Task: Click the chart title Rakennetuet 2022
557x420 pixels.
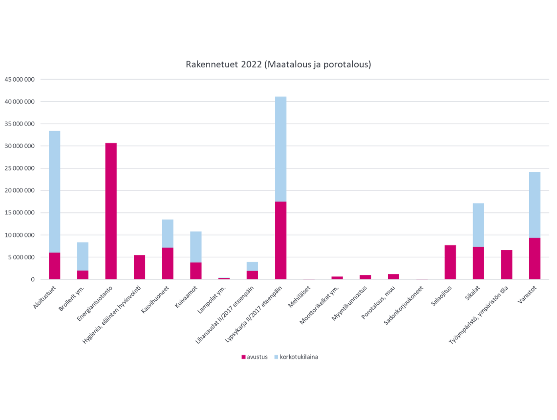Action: click(278, 64)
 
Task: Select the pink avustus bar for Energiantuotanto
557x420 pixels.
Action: click(111, 211)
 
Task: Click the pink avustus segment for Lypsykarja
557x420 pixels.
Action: click(280, 240)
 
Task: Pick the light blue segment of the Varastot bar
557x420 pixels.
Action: click(535, 205)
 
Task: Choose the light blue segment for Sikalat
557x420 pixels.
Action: click(478, 225)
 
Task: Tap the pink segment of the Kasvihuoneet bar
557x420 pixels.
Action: click(168, 263)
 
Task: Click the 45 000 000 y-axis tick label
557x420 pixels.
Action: click(20, 80)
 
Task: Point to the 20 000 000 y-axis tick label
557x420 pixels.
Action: click(20, 190)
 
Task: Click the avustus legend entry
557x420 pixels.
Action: click(255, 357)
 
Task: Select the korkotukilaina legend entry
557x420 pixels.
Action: click(296, 357)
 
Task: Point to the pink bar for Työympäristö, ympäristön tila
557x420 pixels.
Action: click(507, 265)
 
